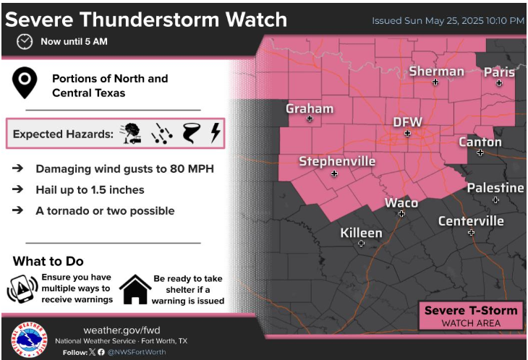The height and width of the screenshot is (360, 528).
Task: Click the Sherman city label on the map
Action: (x=436, y=71)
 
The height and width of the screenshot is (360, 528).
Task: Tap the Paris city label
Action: (x=499, y=72)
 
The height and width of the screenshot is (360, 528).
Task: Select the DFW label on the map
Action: (x=406, y=121)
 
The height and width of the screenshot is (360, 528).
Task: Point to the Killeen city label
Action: (x=361, y=232)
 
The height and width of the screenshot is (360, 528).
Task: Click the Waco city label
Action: (x=401, y=202)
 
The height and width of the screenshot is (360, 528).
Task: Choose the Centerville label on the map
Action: (x=471, y=220)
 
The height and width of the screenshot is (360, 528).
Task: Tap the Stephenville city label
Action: (x=337, y=161)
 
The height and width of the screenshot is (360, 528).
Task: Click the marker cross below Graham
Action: (x=310, y=119)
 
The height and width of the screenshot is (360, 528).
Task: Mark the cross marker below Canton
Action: (x=480, y=153)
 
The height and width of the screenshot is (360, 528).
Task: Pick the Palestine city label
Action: (x=495, y=188)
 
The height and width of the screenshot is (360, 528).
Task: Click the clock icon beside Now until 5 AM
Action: (x=25, y=42)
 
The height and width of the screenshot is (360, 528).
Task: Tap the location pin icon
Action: (x=27, y=84)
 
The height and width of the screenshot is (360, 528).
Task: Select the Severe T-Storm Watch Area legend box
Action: (x=471, y=316)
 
